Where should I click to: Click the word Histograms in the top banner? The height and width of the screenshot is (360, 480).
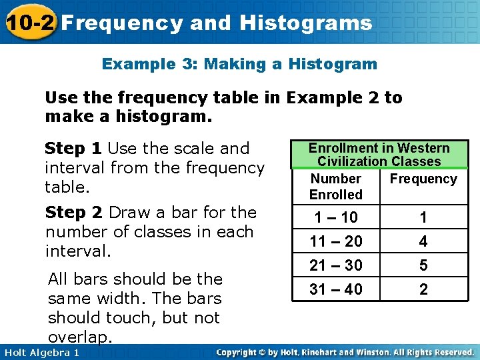[306, 23]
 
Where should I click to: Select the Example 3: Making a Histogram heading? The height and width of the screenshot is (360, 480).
[239, 65]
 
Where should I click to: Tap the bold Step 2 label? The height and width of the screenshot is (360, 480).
[73, 213]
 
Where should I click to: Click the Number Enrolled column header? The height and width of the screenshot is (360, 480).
[335, 187]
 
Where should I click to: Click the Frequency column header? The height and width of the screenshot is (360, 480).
[423, 179]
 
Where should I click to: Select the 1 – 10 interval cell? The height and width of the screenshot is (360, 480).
[335, 217]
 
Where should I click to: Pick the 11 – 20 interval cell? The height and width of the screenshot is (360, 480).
[335, 241]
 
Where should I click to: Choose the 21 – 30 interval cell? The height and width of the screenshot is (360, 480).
[335, 265]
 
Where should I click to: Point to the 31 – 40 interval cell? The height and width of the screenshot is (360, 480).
[335, 289]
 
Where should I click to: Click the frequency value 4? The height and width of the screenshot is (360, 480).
[423, 241]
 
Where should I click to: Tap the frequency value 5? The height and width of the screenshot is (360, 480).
[423, 265]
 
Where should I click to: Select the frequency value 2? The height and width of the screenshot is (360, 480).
[423, 289]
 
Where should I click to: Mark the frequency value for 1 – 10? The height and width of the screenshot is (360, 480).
[423, 217]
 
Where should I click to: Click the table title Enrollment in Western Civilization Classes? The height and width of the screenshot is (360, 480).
[379, 155]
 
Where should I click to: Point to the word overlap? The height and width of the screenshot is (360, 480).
[77, 336]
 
